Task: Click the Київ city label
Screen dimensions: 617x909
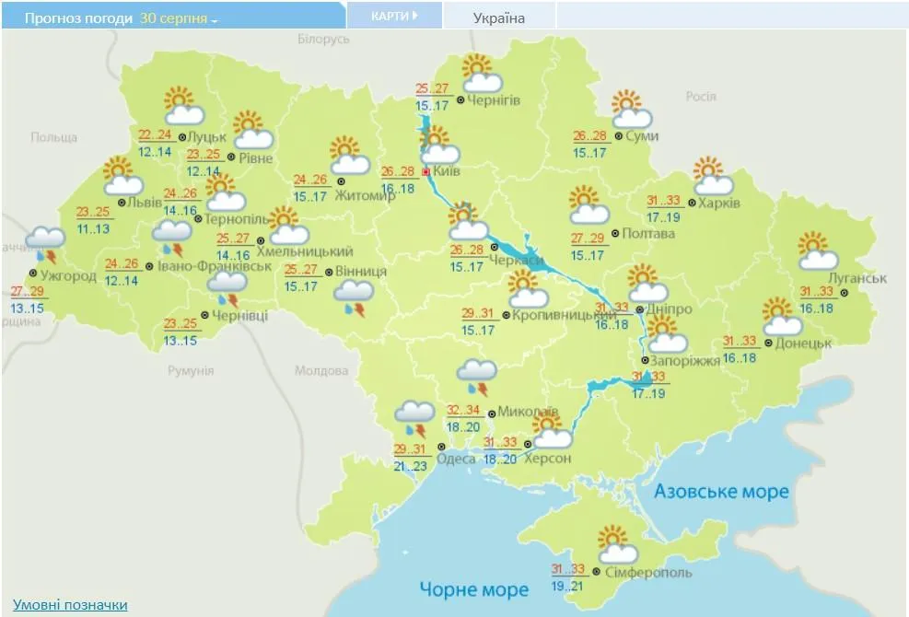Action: point(447,172)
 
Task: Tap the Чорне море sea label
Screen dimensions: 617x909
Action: point(474,589)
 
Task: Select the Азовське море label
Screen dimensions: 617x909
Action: point(721,492)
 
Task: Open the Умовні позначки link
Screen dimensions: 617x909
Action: point(70,605)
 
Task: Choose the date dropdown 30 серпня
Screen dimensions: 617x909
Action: point(178,17)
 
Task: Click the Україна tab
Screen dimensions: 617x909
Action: point(499,17)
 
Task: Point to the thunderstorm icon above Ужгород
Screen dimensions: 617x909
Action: point(45,244)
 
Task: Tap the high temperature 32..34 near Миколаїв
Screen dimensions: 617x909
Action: point(464,410)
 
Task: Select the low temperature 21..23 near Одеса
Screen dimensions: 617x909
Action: point(411,467)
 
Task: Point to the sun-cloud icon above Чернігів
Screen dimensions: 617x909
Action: point(477,73)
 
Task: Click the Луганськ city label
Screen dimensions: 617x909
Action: point(857,278)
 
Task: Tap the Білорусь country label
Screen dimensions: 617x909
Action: point(324,40)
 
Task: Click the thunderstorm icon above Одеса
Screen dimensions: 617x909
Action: point(414,419)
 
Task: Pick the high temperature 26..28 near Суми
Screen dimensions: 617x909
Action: point(589,135)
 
